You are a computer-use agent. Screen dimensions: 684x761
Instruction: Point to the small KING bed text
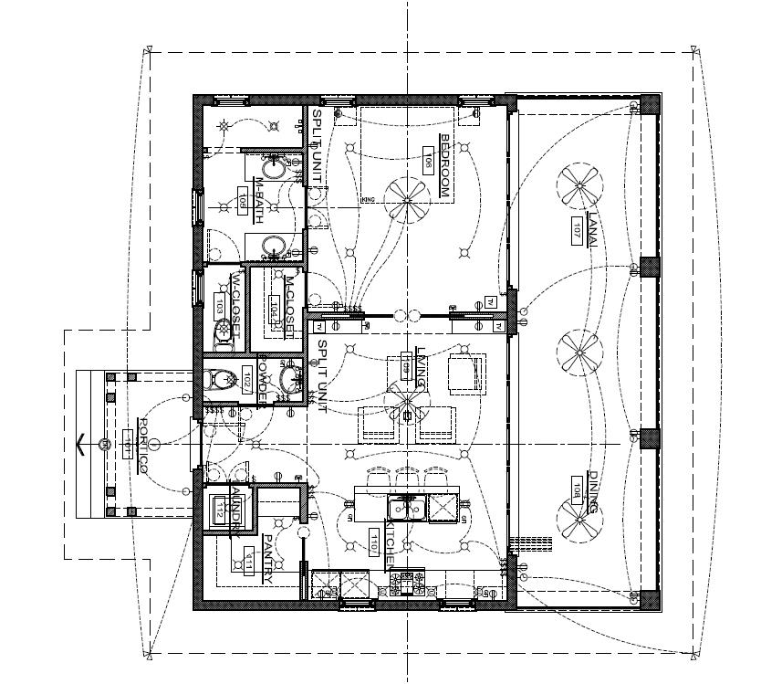pyautogui.click(x=368, y=199)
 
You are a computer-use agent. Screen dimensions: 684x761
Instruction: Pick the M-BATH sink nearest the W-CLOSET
pyautogui.click(x=272, y=245)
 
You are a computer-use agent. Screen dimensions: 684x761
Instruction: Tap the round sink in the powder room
pyautogui.click(x=290, y=378)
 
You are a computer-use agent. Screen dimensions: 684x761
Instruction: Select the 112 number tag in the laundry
pyautogui.click(x=220, y=512)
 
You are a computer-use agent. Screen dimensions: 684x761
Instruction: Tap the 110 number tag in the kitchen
pyautogui.click(x=373, y=542)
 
